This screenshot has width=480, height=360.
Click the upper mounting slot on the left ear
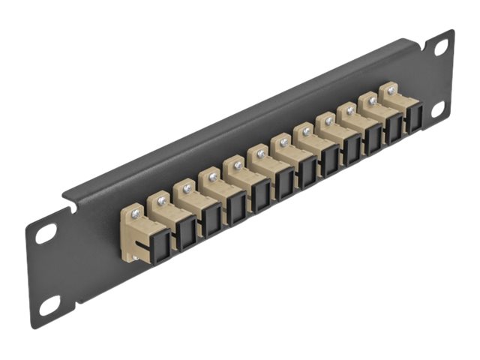[x=46, y=233]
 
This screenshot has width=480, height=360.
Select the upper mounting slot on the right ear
[x=441, y=47]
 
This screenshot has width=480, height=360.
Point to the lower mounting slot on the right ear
[x=439, y=111]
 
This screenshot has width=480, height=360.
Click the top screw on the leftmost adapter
[x=135, y=214]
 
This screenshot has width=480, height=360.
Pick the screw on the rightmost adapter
[x=391, y=90]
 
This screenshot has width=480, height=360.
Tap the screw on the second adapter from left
[x=160, y=200]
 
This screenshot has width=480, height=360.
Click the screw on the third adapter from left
[x=186, y=189]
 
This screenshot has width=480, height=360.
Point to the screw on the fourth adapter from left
[x=212, y=177]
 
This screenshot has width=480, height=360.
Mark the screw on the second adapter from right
[x=370, y=100]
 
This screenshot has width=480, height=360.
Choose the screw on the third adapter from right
[x=349, y=110]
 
